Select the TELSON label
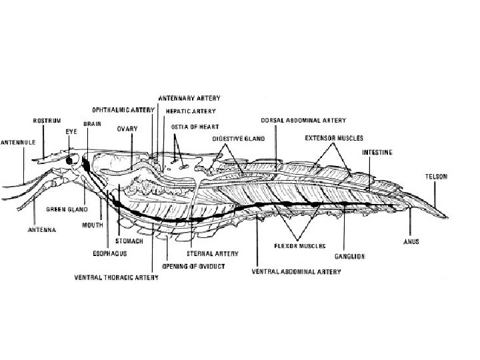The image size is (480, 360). click(437, 177)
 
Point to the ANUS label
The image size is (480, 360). click(410, 241)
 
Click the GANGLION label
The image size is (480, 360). click(349, 255)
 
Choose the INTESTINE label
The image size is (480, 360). click(377, 152)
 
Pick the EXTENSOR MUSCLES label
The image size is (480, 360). click(333, 138)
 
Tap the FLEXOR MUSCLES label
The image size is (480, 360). click(299, 245)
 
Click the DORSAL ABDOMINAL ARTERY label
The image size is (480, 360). click(303, 121)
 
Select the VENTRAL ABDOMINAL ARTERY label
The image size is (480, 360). click(296, 272)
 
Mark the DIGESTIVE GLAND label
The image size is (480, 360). click(239, 139)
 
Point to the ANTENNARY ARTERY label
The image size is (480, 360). click(188, 98)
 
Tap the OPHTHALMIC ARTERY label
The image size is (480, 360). click(123, 109)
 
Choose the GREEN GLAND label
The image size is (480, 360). click(66, 209)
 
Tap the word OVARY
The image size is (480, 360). click(127, 128)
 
